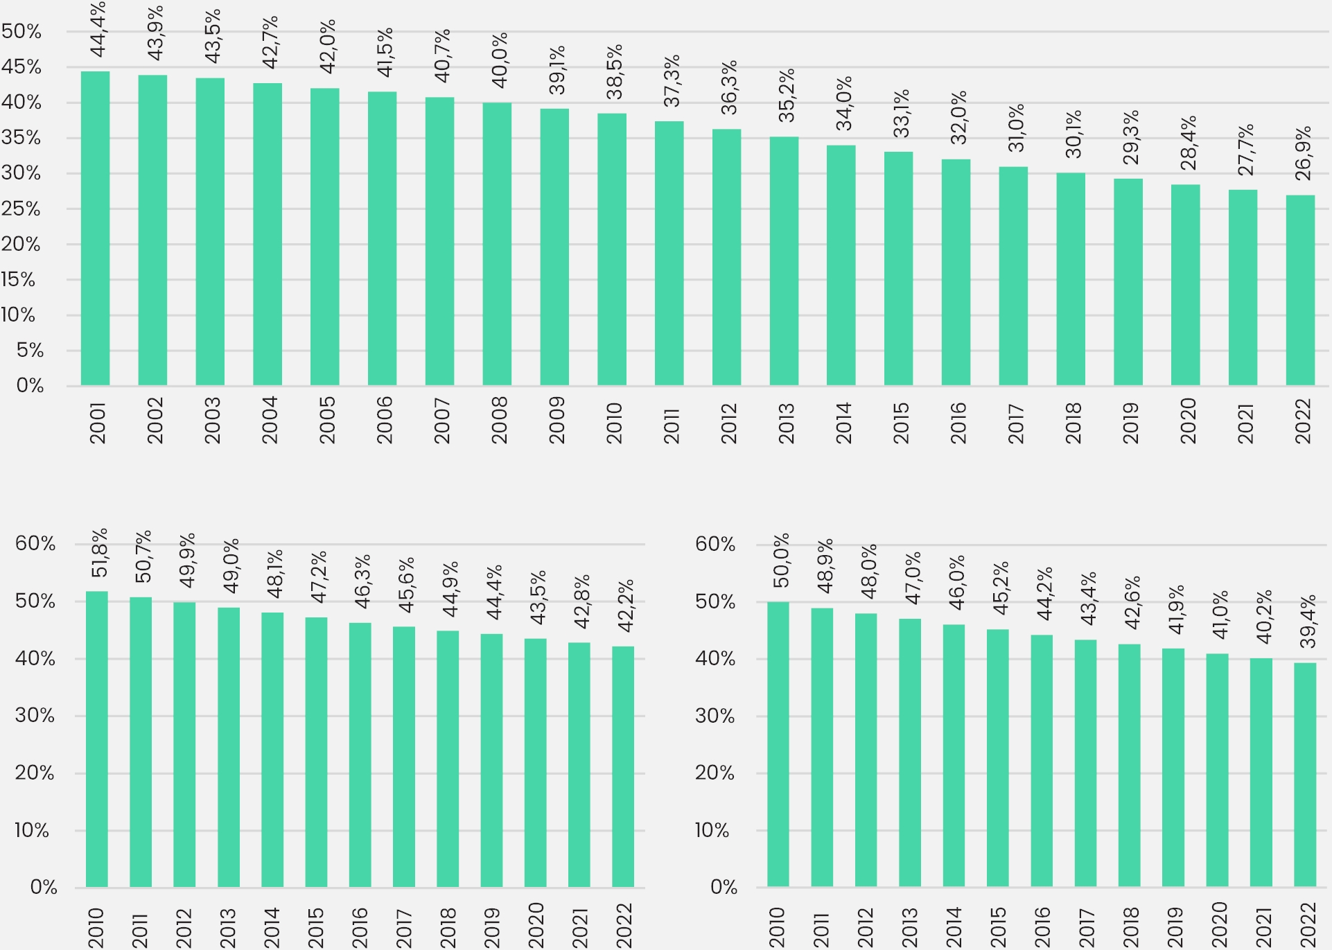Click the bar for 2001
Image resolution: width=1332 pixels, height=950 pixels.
point(95,229)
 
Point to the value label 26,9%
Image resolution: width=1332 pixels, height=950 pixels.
point(1303,153)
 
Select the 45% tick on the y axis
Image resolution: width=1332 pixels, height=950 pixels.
point(21,67)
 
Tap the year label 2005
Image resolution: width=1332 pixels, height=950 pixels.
point(327,421)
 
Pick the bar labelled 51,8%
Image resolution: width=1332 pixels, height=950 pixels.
point(96,739)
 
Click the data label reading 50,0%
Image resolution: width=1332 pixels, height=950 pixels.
point(781,561)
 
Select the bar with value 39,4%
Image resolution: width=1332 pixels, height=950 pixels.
point(1304,775)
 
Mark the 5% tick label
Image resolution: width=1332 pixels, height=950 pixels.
point(30,351)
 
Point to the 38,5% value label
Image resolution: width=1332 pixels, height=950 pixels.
point(614,72)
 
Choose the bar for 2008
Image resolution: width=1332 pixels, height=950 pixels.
point(497,244)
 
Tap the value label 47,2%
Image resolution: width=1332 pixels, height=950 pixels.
point(318,577)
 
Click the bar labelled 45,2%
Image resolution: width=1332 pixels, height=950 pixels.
point(997,758)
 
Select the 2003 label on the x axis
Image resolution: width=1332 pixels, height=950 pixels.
point(212,421)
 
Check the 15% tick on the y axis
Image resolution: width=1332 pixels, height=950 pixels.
point(19,280)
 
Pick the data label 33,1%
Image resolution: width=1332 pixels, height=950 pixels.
point(900,113)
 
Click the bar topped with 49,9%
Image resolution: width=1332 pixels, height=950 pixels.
point(184,744)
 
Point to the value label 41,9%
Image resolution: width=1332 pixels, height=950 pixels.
point(1175,610)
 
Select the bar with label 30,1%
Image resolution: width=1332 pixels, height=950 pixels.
point(1070,279)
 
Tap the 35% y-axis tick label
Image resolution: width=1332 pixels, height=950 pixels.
point(21,138)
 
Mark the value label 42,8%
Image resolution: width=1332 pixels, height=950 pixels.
point(581,601)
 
